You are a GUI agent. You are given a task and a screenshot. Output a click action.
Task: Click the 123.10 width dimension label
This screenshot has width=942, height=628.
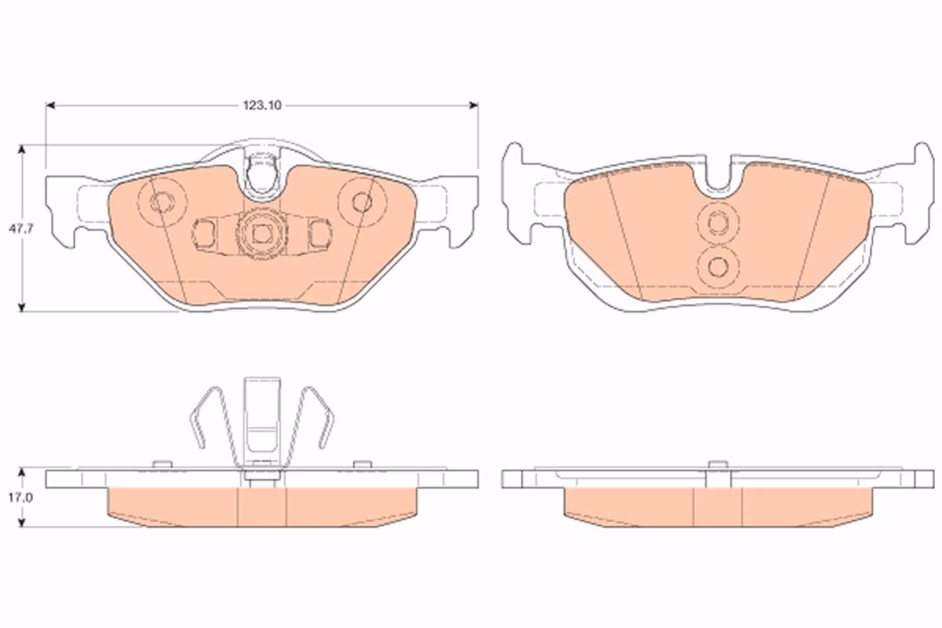(262, 105)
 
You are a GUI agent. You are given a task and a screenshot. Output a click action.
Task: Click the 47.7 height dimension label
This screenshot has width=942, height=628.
(21, 229)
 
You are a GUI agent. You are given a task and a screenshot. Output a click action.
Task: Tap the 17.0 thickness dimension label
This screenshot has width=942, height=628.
(20, 498)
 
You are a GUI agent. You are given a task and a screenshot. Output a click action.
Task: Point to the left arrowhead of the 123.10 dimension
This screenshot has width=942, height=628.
(50, 105)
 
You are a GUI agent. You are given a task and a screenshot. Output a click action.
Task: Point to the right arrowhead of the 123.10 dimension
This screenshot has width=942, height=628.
(473, 105)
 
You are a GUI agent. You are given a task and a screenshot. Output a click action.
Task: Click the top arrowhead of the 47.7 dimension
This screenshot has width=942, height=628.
(22, 150)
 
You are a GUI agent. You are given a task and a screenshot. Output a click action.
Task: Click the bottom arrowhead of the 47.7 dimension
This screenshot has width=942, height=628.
(22, 307)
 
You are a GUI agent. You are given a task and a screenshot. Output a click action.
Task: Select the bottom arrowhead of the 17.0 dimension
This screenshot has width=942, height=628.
(22, 522)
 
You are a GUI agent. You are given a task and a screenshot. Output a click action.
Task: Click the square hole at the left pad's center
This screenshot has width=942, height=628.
(261, 234)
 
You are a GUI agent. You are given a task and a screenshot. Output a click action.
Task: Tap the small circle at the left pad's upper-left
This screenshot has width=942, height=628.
(162, 203)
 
